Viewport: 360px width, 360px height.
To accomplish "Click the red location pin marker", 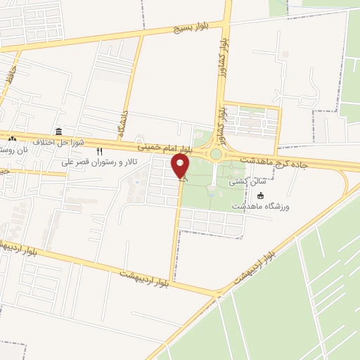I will (x=181, y=167).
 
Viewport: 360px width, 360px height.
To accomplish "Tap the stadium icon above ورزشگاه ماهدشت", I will (x=262, y=196).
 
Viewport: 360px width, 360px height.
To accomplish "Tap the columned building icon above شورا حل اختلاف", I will (x=58, y=132).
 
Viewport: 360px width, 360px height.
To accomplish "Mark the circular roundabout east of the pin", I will (x=216, y=154).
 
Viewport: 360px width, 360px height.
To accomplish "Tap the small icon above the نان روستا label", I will (x=13, y=139).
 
